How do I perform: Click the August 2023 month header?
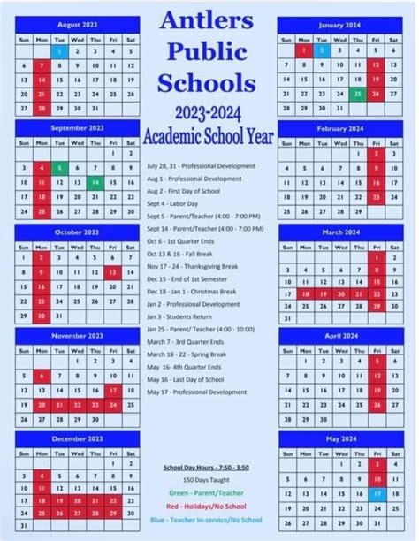(77, 24)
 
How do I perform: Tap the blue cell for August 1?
(60, 51)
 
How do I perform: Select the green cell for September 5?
(60, 168)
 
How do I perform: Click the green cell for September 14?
(95, 183)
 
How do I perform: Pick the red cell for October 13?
(112, 272)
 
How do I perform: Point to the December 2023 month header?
(77, 439)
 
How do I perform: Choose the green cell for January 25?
(356, 94)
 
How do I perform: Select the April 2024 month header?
(339, 337)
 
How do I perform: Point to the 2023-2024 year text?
(209, 116)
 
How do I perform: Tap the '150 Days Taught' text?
(209, 479)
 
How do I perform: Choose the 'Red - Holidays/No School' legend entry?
(209, 507)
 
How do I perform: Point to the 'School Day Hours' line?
(209, 466)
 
